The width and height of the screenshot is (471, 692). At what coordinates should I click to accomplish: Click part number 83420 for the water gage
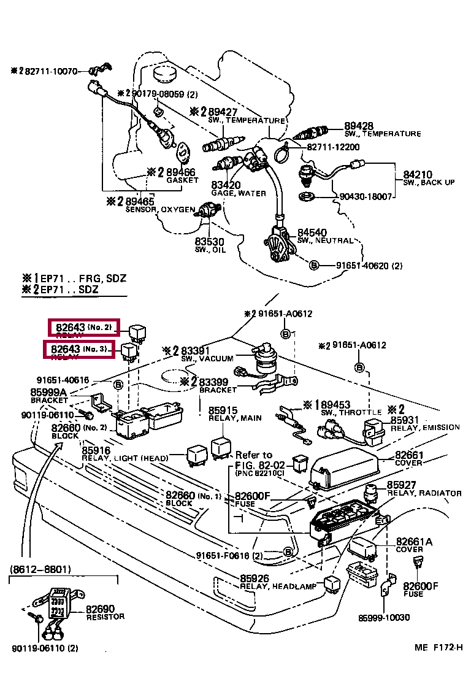[225, 185]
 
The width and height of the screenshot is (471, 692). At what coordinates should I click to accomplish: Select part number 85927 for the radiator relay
[400, 485]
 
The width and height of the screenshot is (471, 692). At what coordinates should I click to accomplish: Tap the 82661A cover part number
[413, 542]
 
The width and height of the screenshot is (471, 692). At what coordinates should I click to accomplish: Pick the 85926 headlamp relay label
[254, 579]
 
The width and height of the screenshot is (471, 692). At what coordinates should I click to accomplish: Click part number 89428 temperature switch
[358, 125]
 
